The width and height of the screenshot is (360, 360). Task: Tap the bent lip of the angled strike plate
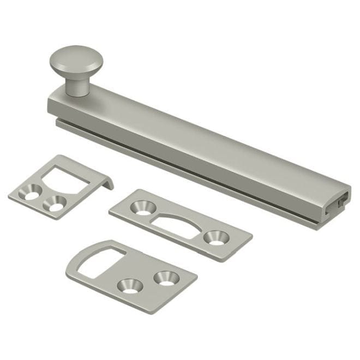click(x=106, y=181)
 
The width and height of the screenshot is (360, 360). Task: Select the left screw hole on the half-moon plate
click(x=143, y=208)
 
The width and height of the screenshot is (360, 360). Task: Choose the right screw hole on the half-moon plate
click(x=215, y=237)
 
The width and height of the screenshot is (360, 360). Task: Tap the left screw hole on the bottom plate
click(x=129, y=285)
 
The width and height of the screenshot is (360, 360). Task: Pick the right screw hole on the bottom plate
click(x=165, y=277)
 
